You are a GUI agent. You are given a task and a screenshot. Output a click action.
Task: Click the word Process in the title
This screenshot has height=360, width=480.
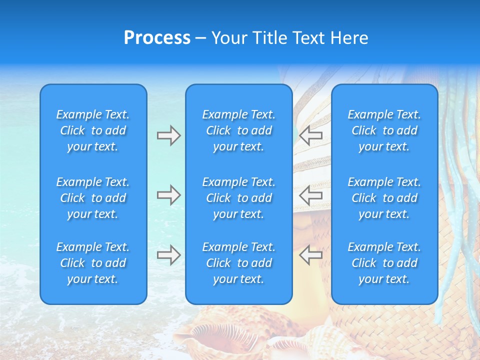coord(157,38)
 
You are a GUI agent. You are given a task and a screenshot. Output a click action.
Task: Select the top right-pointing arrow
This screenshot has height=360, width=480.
coord(168,135)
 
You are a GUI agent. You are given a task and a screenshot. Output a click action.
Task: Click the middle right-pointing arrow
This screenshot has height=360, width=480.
coord(168,195)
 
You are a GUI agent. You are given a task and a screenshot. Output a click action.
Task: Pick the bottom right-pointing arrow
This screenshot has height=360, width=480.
coord(168,255)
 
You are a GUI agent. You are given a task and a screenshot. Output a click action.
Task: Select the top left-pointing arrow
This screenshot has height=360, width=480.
coord(311,135)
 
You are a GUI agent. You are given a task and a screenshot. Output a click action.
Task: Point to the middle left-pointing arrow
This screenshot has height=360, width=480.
coord(311,195)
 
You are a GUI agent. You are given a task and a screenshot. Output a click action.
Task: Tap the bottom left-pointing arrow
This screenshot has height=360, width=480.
coord(311,255)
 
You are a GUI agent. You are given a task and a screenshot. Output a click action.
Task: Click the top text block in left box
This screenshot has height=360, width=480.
coord(93,130)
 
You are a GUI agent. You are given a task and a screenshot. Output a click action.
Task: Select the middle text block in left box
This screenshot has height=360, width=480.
coord(93,198)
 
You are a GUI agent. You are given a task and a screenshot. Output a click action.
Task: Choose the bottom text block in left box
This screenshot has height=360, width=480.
coord(93,263)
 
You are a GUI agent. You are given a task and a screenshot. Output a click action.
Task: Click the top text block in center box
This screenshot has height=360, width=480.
coord(238,130)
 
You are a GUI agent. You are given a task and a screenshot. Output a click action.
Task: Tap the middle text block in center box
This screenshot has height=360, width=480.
coord(238,198)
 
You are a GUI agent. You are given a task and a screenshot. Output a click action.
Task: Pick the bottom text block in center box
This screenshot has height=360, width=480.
coord(238,263)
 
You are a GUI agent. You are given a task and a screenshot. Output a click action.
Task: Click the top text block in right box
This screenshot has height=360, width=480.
coord(384,130)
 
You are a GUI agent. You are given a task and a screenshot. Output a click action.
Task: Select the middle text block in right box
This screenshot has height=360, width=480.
coord(384,198)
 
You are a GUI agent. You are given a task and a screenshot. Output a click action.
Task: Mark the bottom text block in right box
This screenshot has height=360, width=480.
coord(384,263)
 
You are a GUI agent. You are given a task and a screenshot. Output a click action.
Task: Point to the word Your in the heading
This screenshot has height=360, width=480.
coord(231,38)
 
